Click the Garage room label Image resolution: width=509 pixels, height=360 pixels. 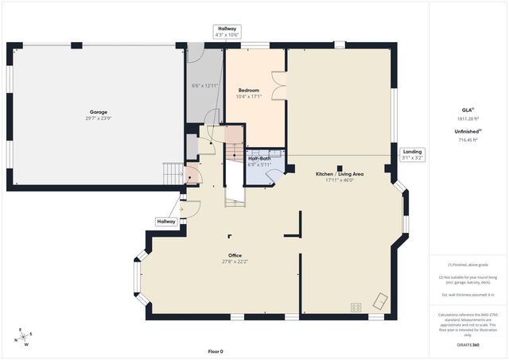pyautogui.click(x=99, y=112)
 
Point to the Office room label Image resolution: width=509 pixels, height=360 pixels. pyautogui.click(x=235, y=255)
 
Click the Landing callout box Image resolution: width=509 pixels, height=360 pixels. pyautogui.click(x=413, y=154)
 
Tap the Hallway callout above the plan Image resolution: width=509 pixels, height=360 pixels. pyautogui.click(x=227, y=31)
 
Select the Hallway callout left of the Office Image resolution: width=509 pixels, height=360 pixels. pyautogui.click(x=166, y=221)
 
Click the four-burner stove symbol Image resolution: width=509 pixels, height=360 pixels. pyautogui.click(x=356, y=306)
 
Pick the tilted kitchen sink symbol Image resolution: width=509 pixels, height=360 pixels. pyautogui.click(x=380, y=301)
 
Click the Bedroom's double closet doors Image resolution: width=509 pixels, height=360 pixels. pyautogui.click(x=278, y=85)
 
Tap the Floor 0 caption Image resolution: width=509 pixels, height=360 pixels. pyautogui.click(x=216, y=350)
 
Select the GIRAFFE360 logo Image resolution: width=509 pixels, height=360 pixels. pyautogui.click(x=470, y=345)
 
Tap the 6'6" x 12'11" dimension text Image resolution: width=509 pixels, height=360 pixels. pyautogui.click(x=204, y=85)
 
